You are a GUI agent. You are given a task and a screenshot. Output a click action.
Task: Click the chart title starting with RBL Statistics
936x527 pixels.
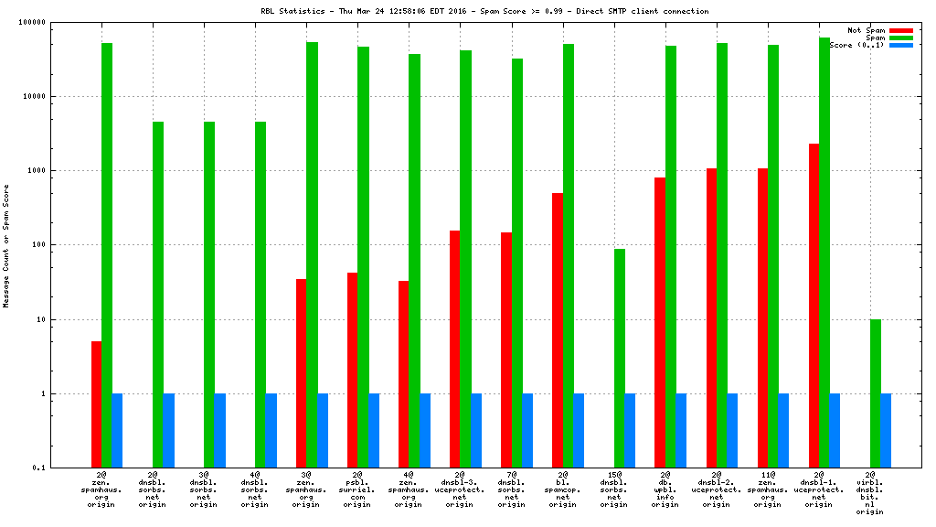(484, 11)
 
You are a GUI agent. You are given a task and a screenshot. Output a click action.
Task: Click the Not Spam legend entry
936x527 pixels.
(866, 30)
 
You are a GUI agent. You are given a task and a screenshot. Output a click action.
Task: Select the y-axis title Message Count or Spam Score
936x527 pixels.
(6, 245)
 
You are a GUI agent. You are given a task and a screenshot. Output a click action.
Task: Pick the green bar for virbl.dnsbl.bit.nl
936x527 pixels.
(876, 393)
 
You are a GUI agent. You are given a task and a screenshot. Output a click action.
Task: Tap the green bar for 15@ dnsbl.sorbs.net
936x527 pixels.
(620, 358)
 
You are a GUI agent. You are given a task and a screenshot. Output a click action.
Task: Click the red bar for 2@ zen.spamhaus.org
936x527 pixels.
(97, 403)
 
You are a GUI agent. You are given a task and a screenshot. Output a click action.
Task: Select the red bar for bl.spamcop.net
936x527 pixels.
(558, 330)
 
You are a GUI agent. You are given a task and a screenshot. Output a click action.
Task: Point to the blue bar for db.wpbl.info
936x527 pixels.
(681, 430)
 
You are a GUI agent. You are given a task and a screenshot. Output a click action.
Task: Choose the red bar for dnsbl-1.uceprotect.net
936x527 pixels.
(814, 306)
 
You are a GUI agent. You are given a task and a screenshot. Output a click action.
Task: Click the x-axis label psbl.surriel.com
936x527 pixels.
(358, 490)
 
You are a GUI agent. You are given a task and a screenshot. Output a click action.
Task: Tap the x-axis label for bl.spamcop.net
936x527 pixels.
(563, 490)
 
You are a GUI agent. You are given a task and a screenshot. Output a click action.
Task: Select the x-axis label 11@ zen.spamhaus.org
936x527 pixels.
(768, 490)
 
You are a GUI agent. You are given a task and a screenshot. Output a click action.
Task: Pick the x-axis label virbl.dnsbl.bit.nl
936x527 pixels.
(870, 494)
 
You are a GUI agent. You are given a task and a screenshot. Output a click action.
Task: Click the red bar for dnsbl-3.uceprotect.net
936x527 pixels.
(455, 349)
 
